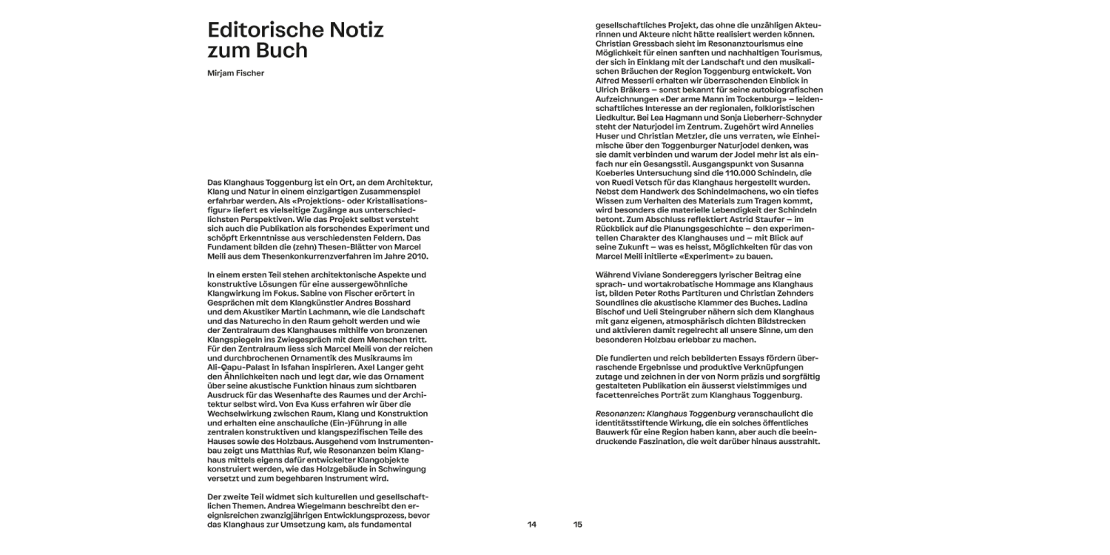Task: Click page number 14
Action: [x=531, y=525]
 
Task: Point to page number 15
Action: [x=578, y=525]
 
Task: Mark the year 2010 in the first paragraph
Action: [x=417, y=256]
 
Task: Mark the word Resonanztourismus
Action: [x=741, y=44]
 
